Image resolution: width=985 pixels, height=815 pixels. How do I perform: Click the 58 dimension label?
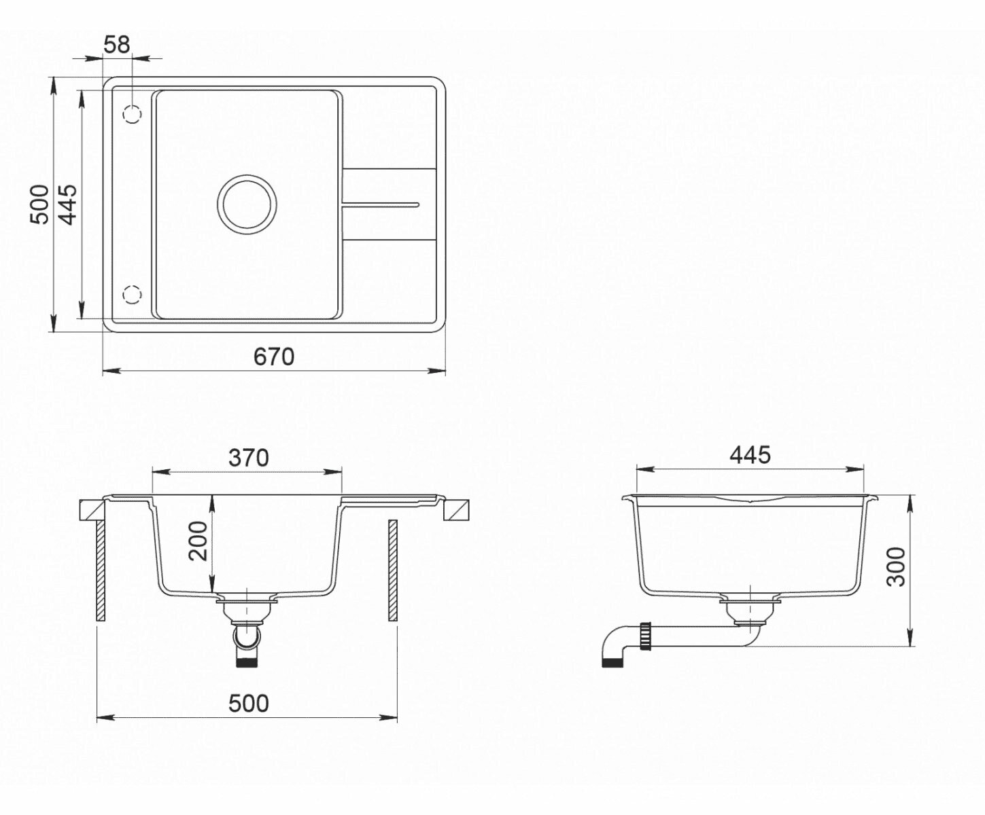pos(117,46)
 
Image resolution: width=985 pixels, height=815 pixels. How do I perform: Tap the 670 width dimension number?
pos(273,357)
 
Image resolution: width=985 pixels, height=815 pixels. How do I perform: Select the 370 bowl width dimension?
pos(249,458)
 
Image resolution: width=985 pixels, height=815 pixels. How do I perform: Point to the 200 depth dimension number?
pos(198,541)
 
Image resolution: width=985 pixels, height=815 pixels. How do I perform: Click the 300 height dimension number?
pos(896,567)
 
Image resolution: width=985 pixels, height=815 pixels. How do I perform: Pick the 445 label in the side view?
pos(750,455)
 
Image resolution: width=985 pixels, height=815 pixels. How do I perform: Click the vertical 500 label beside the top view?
pos(39,204)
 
